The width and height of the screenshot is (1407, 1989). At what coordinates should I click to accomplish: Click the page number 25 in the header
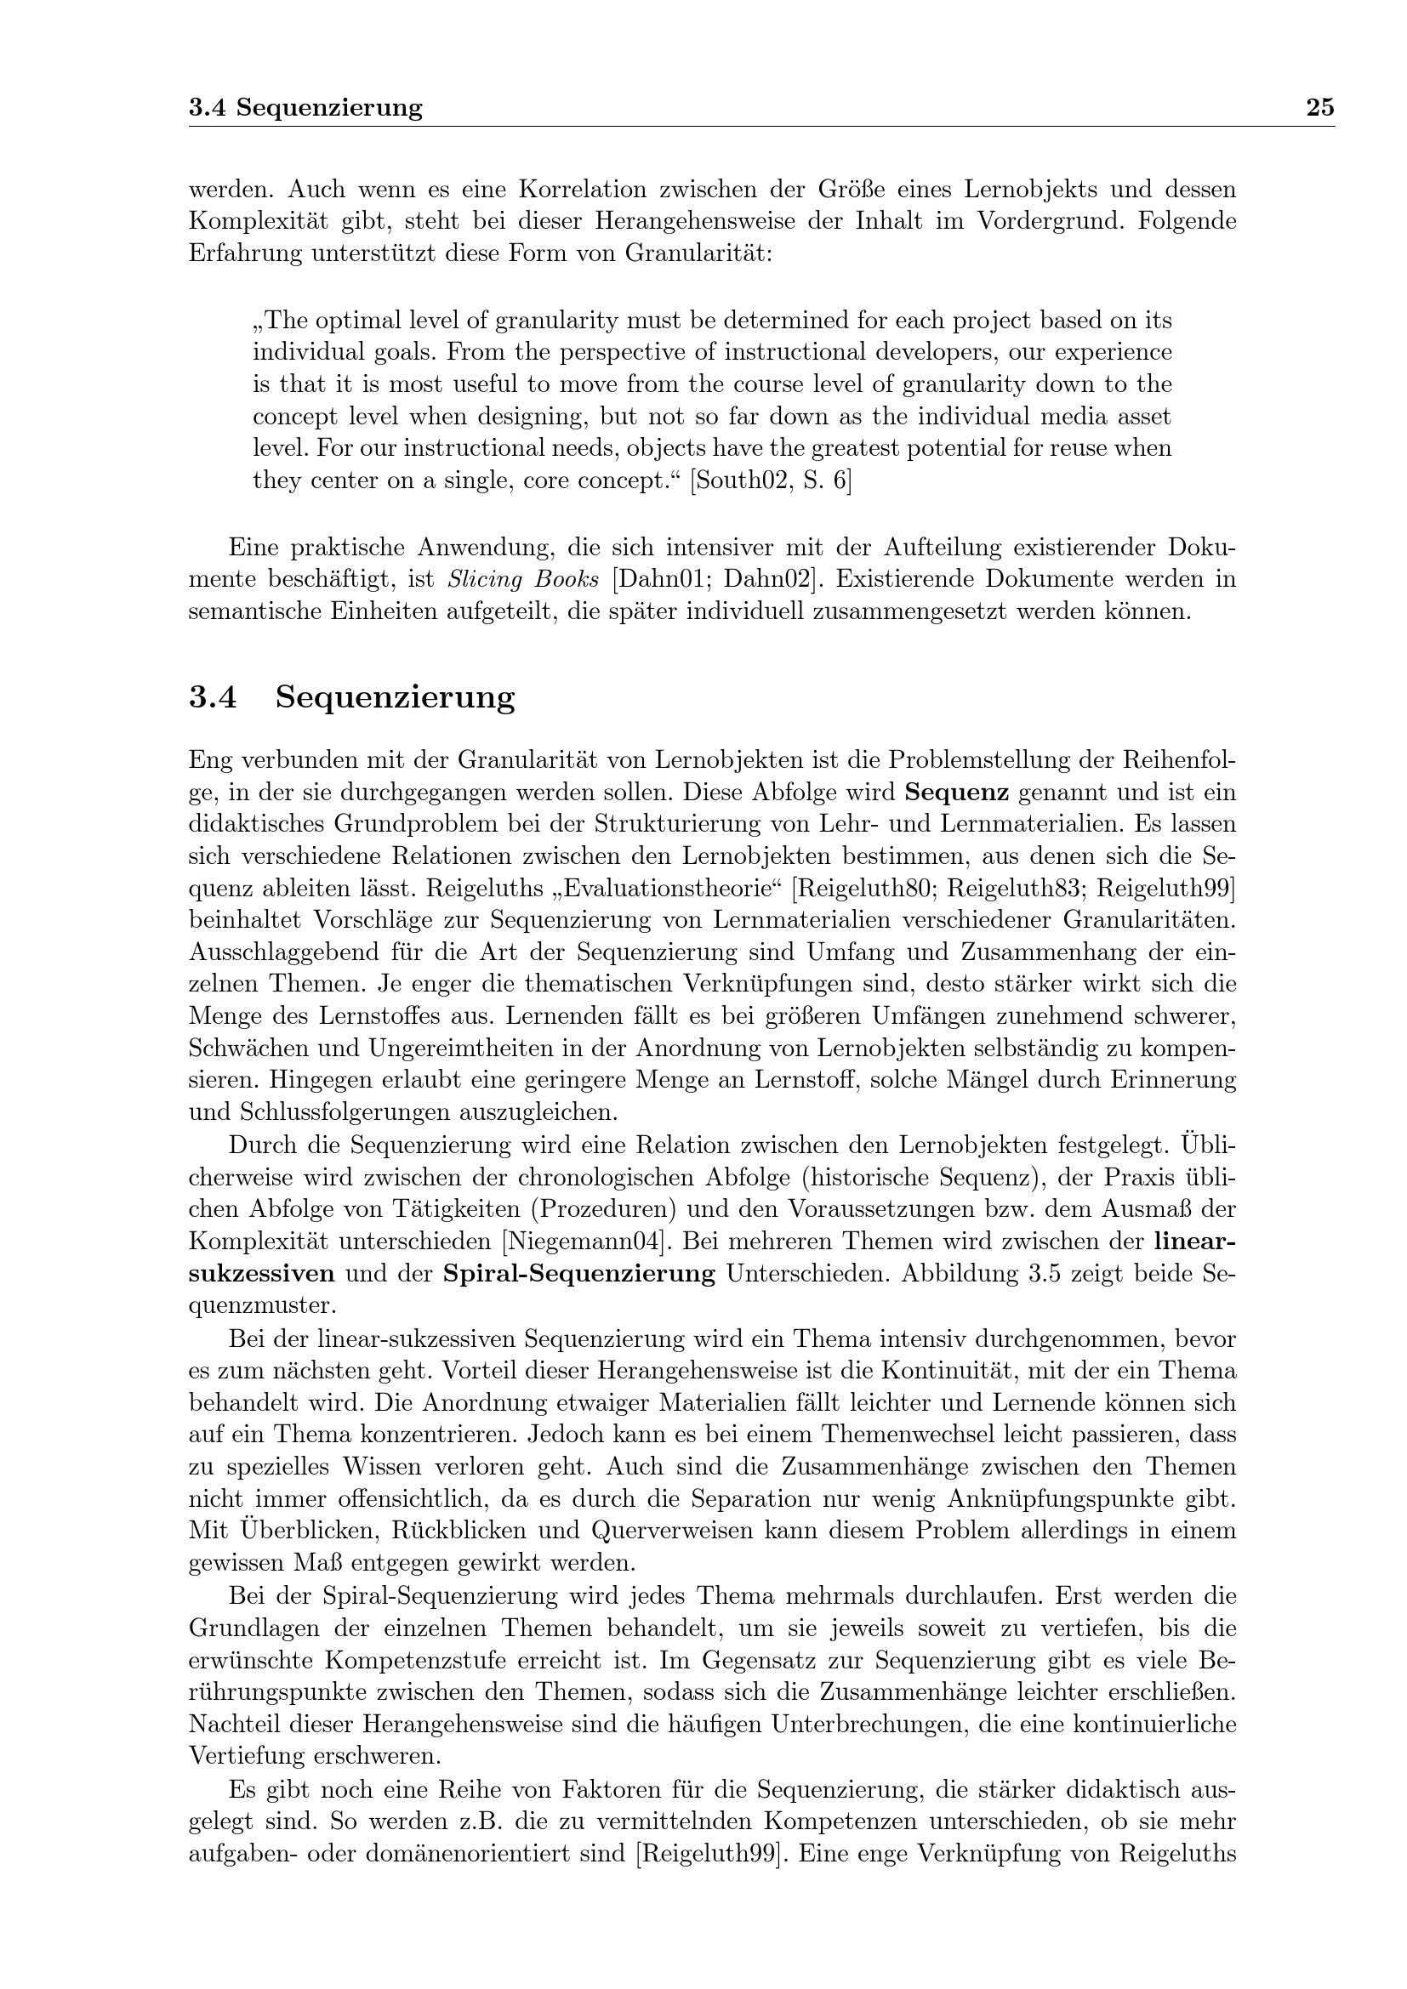coord(1320,107)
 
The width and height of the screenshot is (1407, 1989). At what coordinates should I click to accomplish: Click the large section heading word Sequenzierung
coord(395,697)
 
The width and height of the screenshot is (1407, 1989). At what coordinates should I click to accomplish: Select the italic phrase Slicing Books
coord(523,580)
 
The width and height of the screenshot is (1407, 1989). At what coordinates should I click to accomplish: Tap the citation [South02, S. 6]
coord(770,480)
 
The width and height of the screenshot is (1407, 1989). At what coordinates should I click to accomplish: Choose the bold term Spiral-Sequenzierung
coord(578,1275)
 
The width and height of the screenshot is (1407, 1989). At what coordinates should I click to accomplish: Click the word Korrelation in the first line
coord(584,189)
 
